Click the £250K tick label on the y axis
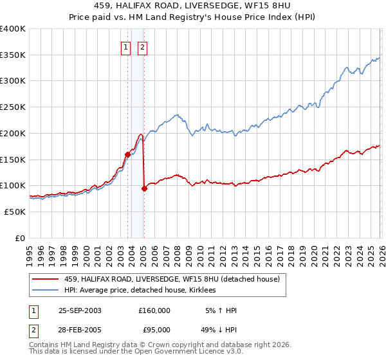click(x=13, y=107)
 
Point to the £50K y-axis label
click(x=15, y=212)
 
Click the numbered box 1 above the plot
click(x=125, y=46)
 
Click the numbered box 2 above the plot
click(x=142, y=46)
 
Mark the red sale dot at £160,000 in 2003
click(x=128, y=154)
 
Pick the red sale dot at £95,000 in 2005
click(x=144, y=188)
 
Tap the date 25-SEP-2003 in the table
click(x=80, y=310)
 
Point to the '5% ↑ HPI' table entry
click(x=219, y=310)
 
